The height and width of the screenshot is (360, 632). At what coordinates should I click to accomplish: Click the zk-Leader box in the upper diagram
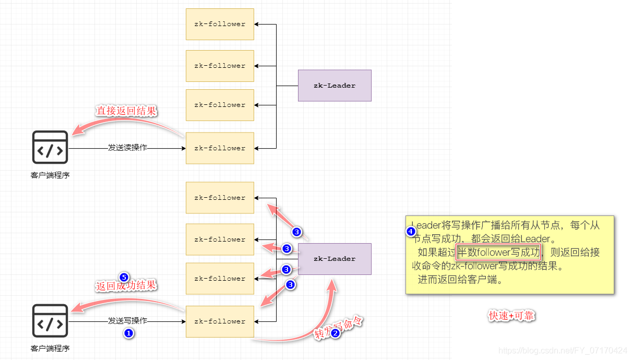click(x=335, y=86)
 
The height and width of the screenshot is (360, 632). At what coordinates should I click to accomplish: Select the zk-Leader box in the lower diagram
click(x=335, y=259)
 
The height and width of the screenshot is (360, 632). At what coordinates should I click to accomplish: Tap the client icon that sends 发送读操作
click(x=50, y=148)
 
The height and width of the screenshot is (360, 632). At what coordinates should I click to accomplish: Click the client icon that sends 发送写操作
click(x=50, y=321)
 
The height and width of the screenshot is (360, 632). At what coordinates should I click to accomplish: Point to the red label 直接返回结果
click(x=126, y=111)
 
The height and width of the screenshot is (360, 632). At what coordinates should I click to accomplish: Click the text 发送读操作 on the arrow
click(x=127, y=148)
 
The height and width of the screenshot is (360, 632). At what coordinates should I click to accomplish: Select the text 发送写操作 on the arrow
click(x=127, y=321)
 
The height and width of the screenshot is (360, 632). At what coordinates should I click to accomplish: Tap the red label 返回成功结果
click(x=126, y=286)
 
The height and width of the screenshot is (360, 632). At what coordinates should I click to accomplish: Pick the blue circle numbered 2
click(x=336, y=332)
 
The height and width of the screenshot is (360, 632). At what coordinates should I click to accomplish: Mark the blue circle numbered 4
click(x=411, y=231)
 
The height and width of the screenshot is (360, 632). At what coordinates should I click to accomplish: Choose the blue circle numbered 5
click(x=124, y=276)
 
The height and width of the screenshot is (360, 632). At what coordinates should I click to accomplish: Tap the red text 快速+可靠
click(x=511, y=316)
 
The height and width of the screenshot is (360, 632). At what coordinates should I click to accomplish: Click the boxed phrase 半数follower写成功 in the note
click(x=498, y=253)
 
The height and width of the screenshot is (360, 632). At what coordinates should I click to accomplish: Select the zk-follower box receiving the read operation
click(x=220, y=148)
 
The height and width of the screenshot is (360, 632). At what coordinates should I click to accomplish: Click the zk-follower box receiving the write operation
click(x=220, y=321)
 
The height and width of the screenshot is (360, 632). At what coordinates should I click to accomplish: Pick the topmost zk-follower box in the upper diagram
click(x=220, y=24)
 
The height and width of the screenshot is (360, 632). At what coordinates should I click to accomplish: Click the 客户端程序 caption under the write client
click(x=50, y=349)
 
